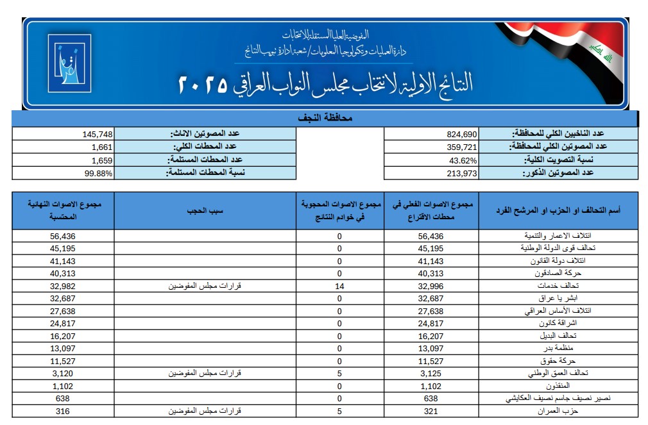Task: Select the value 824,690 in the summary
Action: [x=462, y=135]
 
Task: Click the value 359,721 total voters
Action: [x=462, y=147]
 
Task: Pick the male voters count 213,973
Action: [x=462, y=173]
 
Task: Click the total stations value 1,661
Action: [x=102, y=147]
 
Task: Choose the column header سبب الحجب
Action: [x=204, y=211]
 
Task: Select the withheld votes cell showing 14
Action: [x=339, y=287]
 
